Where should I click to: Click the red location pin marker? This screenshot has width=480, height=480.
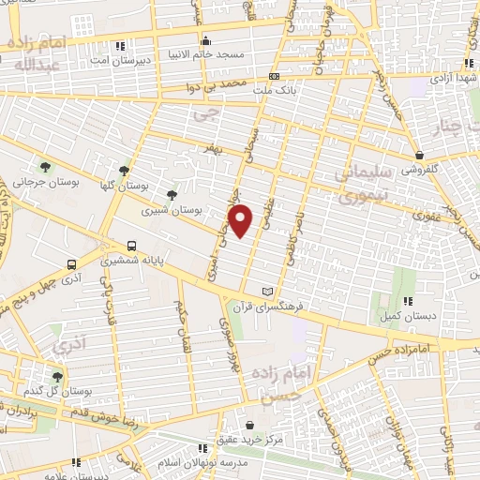point(242,221)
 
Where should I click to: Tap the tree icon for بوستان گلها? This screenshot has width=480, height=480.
point(125,170)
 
